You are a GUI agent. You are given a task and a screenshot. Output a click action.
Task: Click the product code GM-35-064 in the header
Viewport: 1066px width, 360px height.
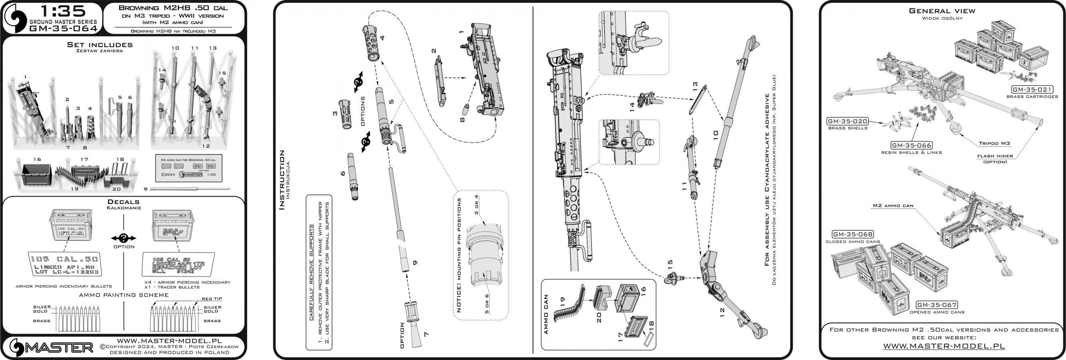(x=63, y=28)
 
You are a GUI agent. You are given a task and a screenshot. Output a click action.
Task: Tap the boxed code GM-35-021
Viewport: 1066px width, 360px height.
(x=1032, y=90)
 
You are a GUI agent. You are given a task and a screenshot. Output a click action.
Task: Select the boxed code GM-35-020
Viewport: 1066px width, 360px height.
(x=847, y=122)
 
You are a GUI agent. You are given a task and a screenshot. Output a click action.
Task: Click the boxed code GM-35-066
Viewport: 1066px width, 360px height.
(x=911, y=146)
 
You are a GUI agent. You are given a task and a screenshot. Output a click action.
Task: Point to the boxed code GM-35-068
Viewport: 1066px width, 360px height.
(x=852, y=235)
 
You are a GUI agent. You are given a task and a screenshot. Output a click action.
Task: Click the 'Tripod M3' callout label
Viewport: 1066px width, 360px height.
(x=994, y=144)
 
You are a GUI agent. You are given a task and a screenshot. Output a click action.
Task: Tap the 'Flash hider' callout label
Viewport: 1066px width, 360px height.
(x=995, y=156)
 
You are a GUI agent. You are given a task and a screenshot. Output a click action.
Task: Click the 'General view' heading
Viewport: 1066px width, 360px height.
(x=942, y=11)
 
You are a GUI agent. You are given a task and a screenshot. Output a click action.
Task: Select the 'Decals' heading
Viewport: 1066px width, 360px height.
(x=124, y=202)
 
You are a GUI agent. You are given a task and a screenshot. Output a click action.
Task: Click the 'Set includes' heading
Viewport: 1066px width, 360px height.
(x=100, y=45)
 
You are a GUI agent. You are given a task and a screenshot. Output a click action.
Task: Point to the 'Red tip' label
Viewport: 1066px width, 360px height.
(x=212, y=299)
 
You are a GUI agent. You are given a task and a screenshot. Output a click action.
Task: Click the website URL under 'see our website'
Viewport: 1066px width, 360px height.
(x=944, y=346)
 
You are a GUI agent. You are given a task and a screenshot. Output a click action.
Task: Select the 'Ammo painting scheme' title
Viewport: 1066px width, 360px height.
(x=124, y=295)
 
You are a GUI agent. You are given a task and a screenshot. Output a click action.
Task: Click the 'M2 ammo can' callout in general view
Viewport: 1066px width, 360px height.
(x=893, y=206)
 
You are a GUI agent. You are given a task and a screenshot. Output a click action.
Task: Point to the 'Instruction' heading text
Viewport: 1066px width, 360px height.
(x=282, y=180)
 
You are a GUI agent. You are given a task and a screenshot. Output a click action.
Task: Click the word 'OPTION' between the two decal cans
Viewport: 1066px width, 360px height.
(x=124, y=247)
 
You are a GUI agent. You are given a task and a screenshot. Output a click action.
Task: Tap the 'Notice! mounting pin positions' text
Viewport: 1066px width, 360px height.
(x=458, y=255)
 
